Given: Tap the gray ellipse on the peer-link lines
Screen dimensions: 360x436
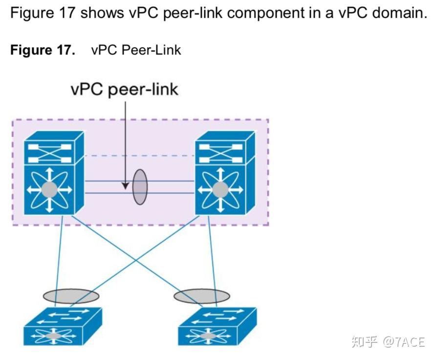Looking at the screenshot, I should click(x=139, y=187).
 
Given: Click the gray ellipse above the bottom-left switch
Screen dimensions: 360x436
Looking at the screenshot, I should click(x=71, y=295).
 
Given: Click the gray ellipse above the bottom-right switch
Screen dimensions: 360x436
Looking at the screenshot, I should click(x=201, y=295).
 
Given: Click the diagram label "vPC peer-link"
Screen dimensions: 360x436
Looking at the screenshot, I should click(x=125, y=90).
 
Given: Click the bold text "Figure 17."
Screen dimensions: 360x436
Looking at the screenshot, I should click(x=43, y=50).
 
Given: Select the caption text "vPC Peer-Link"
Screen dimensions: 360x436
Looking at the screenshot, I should click(x=136, y=50).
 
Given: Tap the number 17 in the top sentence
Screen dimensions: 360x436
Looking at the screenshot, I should click(x=66, y=13).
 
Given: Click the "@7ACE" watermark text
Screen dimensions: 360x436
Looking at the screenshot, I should click(x=403, y=342).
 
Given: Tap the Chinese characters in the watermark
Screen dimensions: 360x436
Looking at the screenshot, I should click(x=365, y=342).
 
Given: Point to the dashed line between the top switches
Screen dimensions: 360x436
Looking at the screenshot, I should click(x=139, y=156).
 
